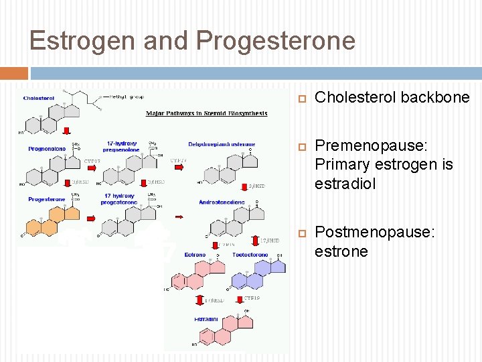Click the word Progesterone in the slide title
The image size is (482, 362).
(x=276, y=41)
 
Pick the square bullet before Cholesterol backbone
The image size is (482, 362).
(x=301, y=98)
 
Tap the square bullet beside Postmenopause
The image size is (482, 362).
(x=301, y=233)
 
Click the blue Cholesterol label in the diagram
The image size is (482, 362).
(x=39, y=98)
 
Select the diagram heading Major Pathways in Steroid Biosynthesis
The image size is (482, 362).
(x=206, y=113)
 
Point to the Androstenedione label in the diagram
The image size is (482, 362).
(x=222, y=202)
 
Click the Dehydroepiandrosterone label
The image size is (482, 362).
(x=222, y=144)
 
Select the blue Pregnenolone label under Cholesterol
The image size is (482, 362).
(x=47, y=149)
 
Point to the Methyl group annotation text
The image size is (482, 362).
(x=125, y=97)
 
